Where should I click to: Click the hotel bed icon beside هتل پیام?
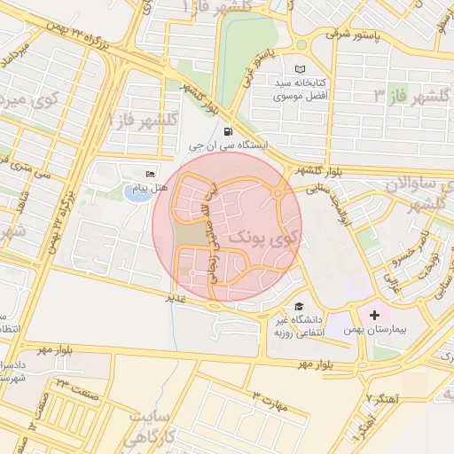tap(150, 174)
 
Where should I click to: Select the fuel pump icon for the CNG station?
tap(217, 131)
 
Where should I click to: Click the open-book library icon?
tap(299, 68)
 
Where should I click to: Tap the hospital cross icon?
tap(373, 315)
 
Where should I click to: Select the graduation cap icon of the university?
tap(298, 304)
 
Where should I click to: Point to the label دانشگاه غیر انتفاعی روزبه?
tap(298, 325)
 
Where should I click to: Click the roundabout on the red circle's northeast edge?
tap(280, 191)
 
